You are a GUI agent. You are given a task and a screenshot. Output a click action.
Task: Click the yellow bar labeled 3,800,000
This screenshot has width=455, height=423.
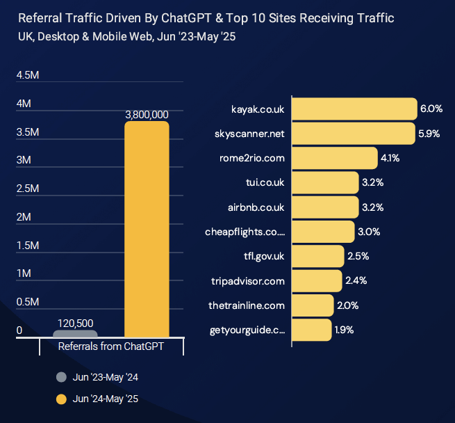[147, 230]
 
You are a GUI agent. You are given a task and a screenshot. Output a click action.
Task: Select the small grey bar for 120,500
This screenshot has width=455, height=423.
[75, 334]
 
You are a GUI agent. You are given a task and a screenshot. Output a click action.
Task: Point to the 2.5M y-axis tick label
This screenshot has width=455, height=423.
[27, 189]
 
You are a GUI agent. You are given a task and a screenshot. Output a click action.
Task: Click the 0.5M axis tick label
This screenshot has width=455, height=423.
[27, 302]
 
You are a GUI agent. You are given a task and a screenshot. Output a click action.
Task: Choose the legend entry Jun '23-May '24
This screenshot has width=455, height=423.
[106, 377]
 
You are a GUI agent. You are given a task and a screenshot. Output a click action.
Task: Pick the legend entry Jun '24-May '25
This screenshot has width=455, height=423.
[106, 399]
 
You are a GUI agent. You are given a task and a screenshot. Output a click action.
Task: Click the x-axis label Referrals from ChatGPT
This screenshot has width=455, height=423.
[111, 346]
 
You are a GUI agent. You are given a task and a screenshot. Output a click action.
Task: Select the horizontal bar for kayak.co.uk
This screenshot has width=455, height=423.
[354, 109]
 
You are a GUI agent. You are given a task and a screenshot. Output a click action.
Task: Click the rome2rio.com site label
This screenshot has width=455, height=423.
[252, 158]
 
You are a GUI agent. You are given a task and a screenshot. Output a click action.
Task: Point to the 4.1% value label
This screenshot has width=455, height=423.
[390, 158]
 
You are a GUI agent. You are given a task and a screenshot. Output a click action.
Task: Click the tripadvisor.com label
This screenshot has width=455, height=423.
[248, 281]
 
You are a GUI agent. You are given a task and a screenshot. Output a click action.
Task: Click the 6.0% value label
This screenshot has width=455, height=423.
[431, 109]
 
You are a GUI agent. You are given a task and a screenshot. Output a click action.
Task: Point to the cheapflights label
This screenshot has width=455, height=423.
[245, 232]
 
